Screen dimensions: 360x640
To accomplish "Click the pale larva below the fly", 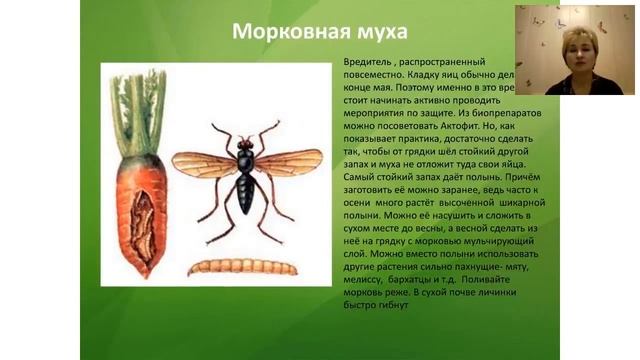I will click(x=242, y=266).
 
